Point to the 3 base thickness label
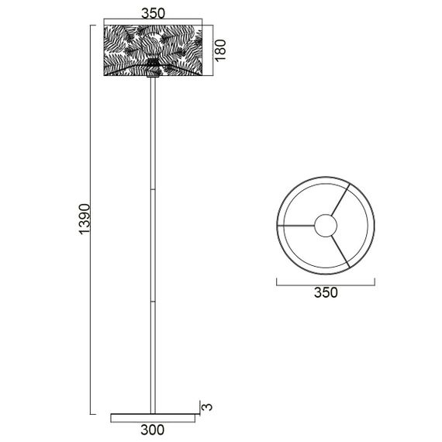coord(205,406)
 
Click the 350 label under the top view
coord(326,292)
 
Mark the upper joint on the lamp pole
coord(154,188)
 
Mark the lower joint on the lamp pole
coord(154,299)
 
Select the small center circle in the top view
coord(326,226)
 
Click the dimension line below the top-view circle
coord(326,281)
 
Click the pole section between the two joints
coord(154,244)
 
